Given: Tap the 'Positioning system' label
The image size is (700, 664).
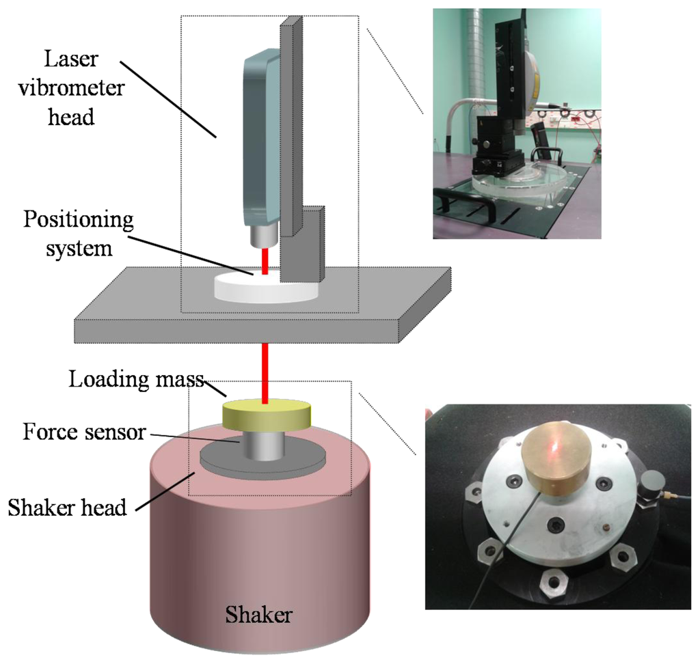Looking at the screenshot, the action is pyautogui.click(x=78, y=234).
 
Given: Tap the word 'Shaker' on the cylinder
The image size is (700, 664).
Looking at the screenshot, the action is pyautogui.click(x=260, y=614).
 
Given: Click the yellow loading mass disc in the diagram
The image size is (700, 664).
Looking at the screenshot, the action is pyautogui.click(x=267, y=415).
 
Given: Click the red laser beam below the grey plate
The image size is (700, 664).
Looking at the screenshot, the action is pyautogui.click(x=265, y=369).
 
